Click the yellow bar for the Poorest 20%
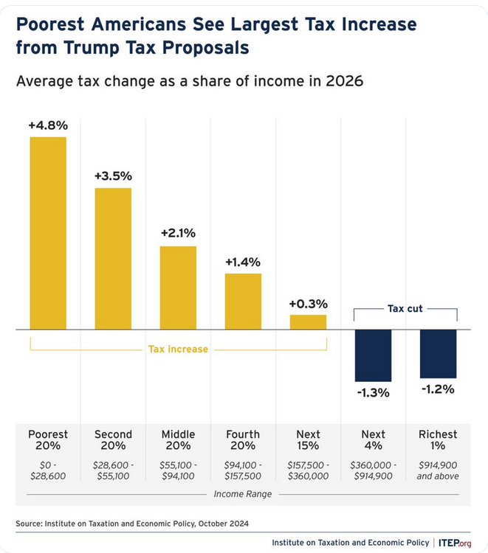(48, 233)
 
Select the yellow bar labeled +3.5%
(113, 258)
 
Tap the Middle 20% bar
(178, 288)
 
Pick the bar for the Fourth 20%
(243, 301)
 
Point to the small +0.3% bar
(308, 321)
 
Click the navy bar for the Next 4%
(373, 355)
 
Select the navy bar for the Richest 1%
(438, 354)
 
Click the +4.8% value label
(48, 125)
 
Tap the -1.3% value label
(373, 392)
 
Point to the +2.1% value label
(178, 233)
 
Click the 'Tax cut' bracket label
(405, 308)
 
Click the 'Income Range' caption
(243, 493)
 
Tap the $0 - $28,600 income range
(48, 470)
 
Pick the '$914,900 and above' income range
(438, 470)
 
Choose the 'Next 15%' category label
(308, 440)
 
